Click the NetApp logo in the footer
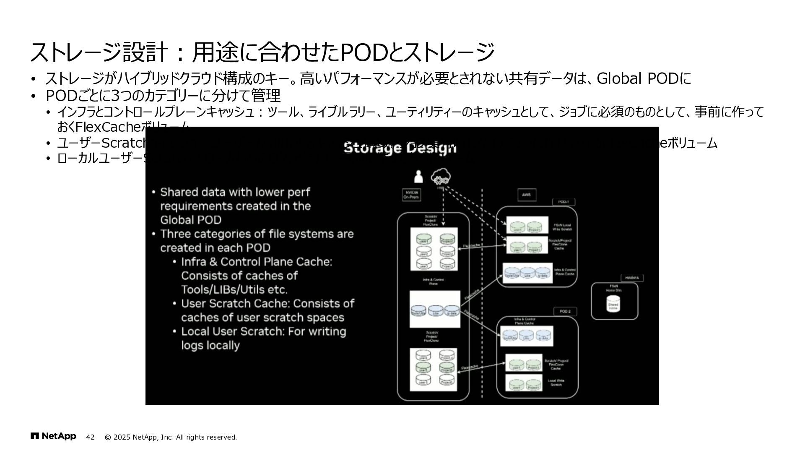pos(53,437)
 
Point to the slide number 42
pos(90,437)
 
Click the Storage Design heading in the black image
pos(400,148)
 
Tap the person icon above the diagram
pos(418,177)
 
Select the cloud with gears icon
pos(440,177)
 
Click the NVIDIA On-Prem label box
pos(411,195)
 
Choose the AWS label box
pos(526,195)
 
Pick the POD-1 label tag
pos(563,202)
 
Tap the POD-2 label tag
pos(565,312)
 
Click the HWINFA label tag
pos(631,278)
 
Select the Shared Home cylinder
pos(613,304)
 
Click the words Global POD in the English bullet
pos(191,220)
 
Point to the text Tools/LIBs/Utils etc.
pos(234,289)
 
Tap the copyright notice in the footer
pos(171,437)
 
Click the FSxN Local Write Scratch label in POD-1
pos(562,227)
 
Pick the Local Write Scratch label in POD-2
pos(556,383)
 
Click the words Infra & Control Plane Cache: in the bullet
pos(257,262)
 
